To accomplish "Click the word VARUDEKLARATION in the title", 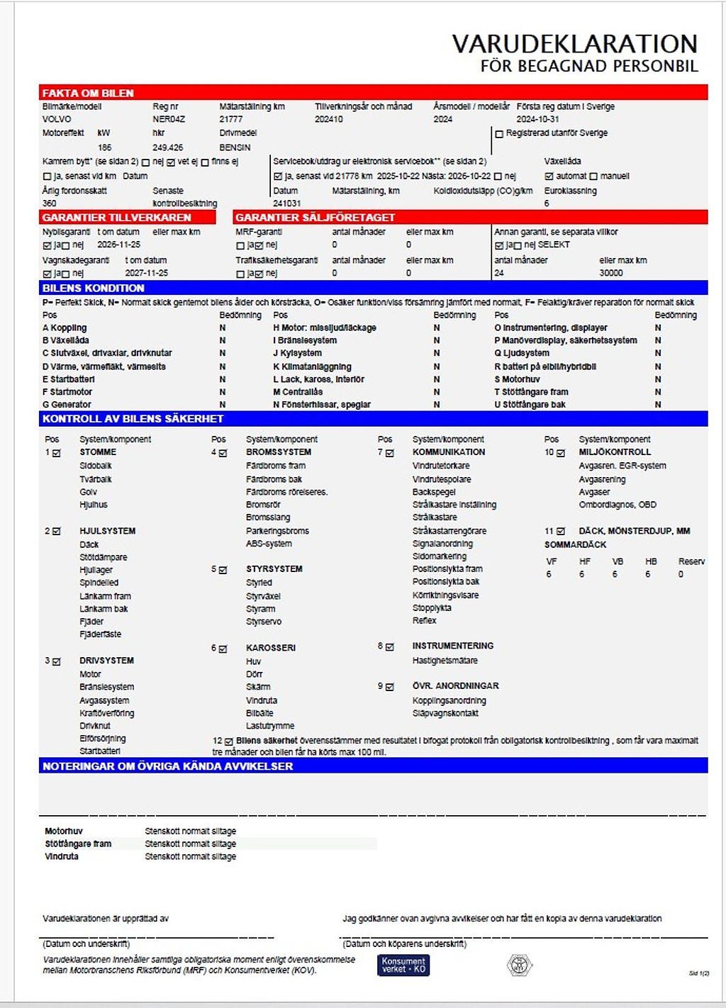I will coord(574,44).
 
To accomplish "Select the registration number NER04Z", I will coord(169,119).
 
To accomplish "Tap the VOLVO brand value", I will coord(57,119).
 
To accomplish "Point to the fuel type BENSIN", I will coord(235,147).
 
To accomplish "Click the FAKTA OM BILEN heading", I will coord(88,93).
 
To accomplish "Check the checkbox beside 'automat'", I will coord(549,176).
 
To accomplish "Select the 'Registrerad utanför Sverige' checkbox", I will coord(499,133).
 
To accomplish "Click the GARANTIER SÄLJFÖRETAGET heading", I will coord(315,217).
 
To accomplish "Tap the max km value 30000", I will coord(611,273).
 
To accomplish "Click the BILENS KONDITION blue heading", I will coord(93,288).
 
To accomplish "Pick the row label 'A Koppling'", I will coord(65,327).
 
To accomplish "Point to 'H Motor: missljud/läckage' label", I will coord(325,327).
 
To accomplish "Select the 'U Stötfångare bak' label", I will coord(531,404).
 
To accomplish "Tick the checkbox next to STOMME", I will coord(57,452).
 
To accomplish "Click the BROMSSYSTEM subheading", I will coord(279,452).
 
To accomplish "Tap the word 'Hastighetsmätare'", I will coord(445,660).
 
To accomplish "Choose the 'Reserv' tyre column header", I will coord(691,561).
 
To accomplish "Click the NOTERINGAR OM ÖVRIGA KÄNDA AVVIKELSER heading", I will coord(167,766).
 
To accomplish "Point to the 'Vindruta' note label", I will coord(62,856).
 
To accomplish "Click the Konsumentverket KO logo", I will coord(403,965).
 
